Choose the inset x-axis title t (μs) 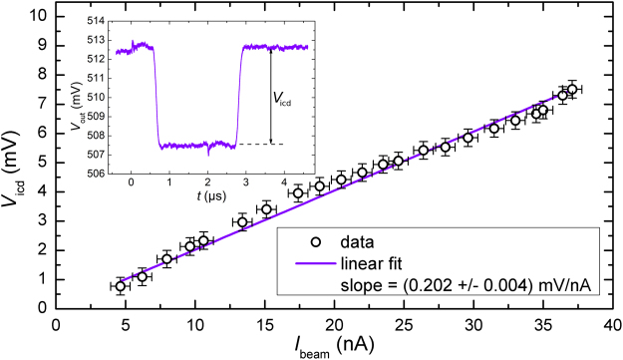[208, 197]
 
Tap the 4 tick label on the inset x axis [285, 183]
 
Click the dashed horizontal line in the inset [258, 145]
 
